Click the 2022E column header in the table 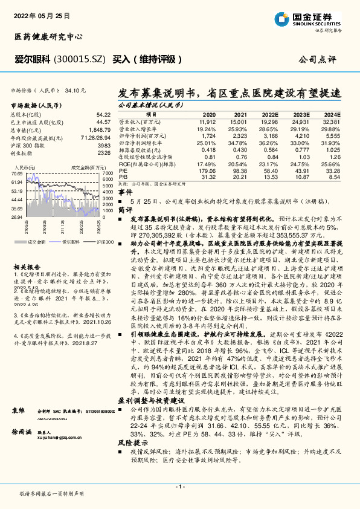click(x=271, y=114)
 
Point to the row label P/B click(x=123, y=177)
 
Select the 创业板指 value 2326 click(x=103, y=153)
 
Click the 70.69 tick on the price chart click(x=16, y=173)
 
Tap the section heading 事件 click(x=124, y=191)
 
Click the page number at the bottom click(x=179, y=485)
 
